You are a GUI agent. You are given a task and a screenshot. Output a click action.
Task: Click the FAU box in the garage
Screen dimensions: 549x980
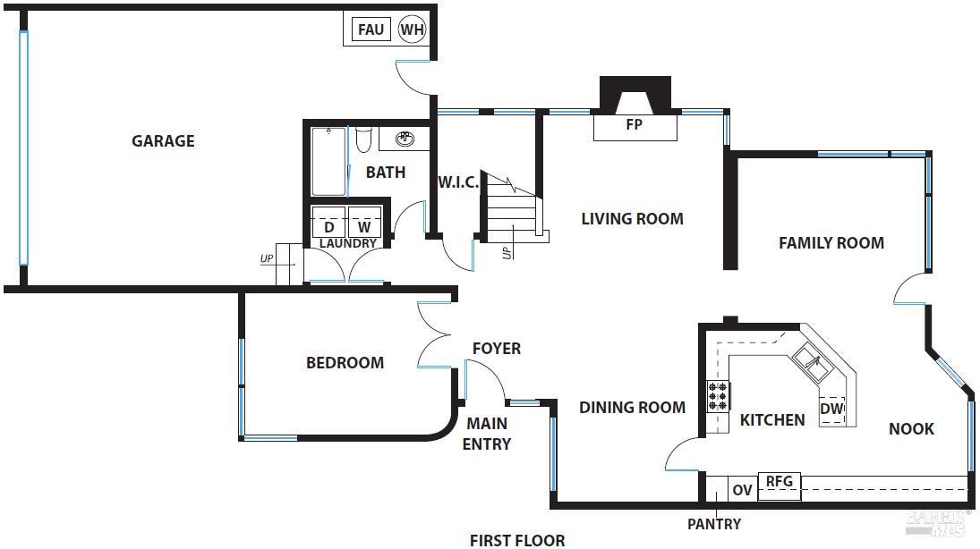(371, 30)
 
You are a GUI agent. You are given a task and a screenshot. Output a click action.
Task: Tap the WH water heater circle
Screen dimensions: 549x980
(412, 30)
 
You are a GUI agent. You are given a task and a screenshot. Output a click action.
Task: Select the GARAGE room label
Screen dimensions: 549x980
(163, 140)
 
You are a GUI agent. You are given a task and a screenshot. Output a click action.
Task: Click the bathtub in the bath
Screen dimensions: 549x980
(328, 161)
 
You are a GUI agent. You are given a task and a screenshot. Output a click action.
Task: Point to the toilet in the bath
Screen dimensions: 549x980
(363, 141)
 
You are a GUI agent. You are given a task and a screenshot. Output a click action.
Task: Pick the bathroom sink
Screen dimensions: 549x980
(405, 139)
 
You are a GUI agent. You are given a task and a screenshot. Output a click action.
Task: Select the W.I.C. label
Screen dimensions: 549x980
(458, 182)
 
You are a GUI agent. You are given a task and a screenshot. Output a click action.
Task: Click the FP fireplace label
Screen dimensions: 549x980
(635, 125)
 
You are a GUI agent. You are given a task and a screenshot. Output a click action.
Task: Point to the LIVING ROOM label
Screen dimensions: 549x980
(632, 218)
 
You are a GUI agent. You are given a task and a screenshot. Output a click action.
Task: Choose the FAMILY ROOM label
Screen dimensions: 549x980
(831, 242)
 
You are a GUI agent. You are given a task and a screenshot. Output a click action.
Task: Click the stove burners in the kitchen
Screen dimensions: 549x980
(719, 394)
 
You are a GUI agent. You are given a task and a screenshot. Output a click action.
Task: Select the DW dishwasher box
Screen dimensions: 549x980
(831, 410)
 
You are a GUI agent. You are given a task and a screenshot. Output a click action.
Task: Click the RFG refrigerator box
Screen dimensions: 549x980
(779, 482)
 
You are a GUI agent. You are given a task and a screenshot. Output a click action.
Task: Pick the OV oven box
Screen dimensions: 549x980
(742, 490)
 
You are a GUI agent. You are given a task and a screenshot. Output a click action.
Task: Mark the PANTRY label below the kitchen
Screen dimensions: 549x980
(713, 524)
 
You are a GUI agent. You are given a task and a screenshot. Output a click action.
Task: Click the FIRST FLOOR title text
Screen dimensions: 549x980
(517, 539)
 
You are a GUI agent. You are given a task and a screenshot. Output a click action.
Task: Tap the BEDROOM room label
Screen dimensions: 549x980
(345, 362)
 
